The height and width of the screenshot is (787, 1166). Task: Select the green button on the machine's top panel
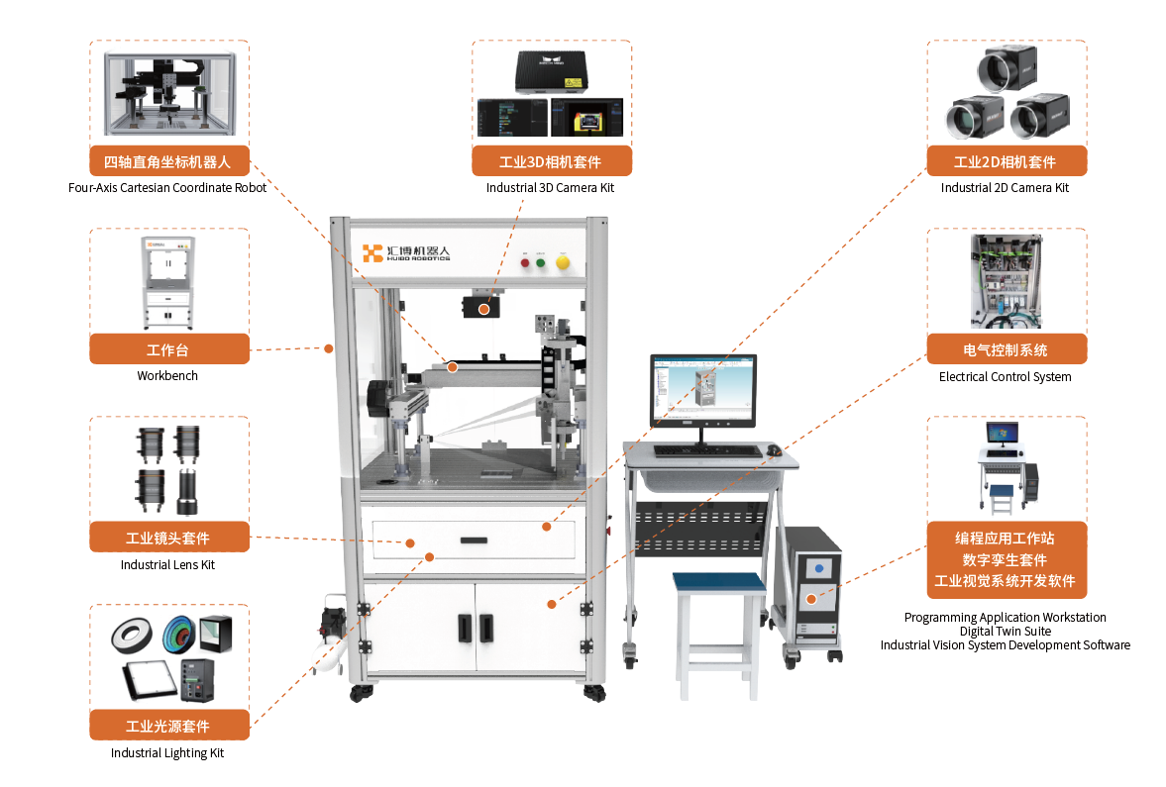541,263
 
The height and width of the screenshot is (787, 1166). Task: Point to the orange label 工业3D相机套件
551,162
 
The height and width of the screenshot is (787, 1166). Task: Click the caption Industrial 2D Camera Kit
1005,187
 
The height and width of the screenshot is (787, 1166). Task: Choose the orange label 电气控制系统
1006,349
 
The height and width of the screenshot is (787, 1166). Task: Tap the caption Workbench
167,376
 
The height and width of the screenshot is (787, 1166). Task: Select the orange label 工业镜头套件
168,538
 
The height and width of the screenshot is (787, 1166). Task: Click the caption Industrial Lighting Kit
167,753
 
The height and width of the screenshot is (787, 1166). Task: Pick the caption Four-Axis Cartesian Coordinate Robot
167,187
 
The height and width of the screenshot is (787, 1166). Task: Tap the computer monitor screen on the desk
702,391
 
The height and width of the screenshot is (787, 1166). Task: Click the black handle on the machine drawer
473,541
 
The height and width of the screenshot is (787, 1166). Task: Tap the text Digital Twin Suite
1005,631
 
